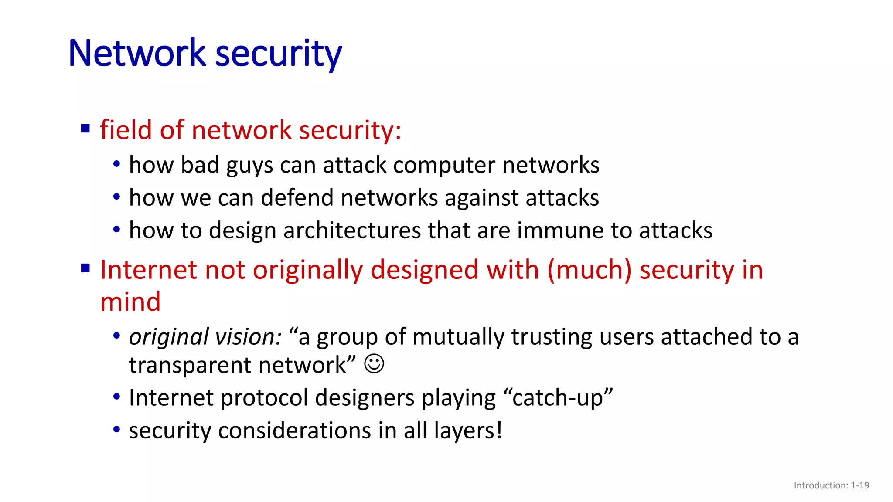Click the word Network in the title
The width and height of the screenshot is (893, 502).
tap(136, 54)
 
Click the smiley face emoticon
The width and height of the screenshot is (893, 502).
tap(374, 364)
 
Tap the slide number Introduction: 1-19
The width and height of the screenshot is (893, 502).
tap(831, 485)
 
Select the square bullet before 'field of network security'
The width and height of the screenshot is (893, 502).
tap(85, 129)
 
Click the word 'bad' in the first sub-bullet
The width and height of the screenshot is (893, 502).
tap(200, 165)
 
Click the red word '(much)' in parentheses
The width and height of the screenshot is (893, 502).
tap(589, 270)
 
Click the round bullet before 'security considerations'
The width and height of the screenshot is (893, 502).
tap(116, 430)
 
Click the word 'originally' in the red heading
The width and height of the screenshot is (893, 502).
tap(308, 270)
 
